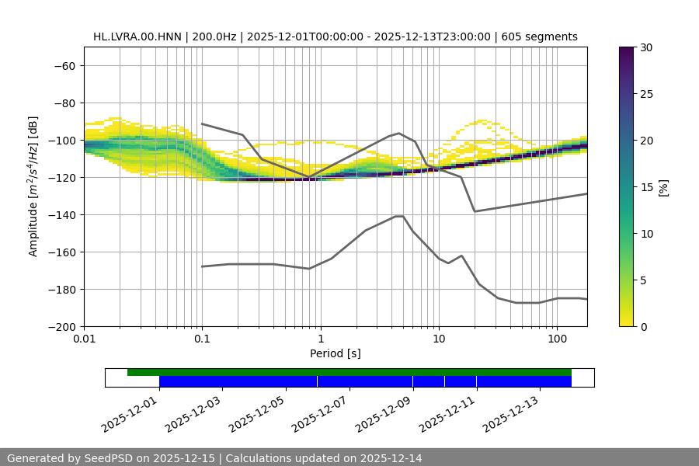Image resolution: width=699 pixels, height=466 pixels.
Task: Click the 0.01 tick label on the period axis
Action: [x=84, y=339]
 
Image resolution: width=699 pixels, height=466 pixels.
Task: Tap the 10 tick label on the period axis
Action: [x=439, y=339]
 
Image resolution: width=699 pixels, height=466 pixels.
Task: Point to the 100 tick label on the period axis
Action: [x=557, y=339]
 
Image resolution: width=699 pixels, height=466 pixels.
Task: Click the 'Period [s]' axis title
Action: [x=335, y=353]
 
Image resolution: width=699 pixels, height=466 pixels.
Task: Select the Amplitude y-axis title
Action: [x=33, y=186]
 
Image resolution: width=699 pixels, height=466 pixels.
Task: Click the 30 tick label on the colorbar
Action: [x=645, y=47]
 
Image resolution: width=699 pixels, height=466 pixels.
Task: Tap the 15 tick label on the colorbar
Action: [x=645, y=187]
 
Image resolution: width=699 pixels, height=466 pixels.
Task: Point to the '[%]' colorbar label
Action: [x=663, y=187]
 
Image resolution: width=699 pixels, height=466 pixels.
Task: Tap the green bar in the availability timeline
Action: [x=349, y=372]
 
